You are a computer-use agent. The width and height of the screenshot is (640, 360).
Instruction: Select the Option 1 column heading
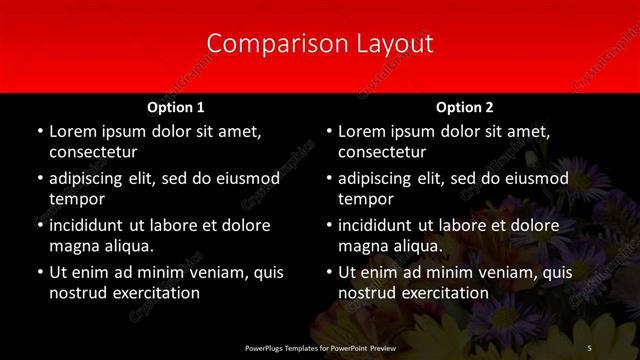(176, 107)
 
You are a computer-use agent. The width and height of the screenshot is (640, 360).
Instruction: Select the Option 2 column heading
(465, 107)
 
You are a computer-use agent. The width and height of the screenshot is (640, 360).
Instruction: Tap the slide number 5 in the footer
(589, 347)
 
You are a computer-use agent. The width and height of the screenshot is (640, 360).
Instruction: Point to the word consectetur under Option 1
(93, 153)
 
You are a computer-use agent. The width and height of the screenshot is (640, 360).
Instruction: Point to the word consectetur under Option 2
(382, 153)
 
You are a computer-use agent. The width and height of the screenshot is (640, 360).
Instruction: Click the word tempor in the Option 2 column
(366, 199)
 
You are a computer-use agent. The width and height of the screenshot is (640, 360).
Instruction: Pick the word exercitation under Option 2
(445, 293)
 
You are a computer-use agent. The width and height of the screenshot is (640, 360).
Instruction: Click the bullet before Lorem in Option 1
(39, 132)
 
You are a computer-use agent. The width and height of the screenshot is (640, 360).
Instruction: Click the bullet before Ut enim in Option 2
(328, 273)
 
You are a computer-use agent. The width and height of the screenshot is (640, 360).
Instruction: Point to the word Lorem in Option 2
(362, 131)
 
